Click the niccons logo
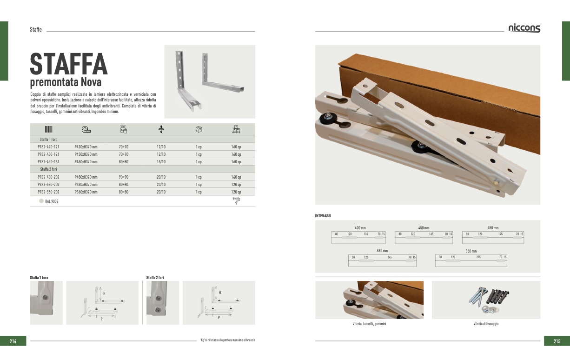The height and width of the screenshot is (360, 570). [x=524, y=28]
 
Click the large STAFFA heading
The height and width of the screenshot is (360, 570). [x=69, y=64]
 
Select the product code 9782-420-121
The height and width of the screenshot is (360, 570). [x=48, y=147]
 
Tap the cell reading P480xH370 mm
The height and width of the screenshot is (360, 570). [x=86, y=177]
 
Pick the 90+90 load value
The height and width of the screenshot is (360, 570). [x=123, y=177]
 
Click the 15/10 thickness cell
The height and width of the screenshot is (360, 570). [x=161, y=162]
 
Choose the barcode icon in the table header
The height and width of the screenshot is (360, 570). [x=49, y=129]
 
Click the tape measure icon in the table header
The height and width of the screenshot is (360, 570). [x=86, y=129]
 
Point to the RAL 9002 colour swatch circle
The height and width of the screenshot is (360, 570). [x=41, y=201]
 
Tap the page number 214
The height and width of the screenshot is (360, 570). [x=13, y=341]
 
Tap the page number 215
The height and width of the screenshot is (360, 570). [x=557, y=341]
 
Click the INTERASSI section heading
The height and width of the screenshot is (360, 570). [x=323, y=216]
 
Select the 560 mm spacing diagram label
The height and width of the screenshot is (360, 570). [x=471, y=251]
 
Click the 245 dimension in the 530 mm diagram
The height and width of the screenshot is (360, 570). [x=390, y=257]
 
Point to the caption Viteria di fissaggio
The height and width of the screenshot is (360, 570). [x=486, y=324]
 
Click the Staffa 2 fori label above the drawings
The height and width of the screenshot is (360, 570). [x=155, y=278]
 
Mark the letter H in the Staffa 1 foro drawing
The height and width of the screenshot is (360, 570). [x=104, y=293]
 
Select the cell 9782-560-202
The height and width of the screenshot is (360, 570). [x=48, y=192]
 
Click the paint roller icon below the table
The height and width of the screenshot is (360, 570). [x=236, y=200]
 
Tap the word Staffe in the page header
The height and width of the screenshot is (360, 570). [x=36, y=29]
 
